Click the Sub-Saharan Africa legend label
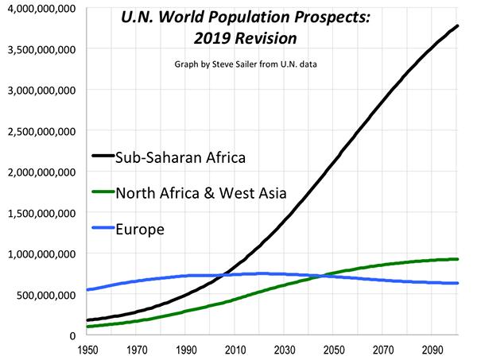[x=188, y=156]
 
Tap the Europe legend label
[x=140, y=229]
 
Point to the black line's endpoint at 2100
[x=458, y=27]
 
